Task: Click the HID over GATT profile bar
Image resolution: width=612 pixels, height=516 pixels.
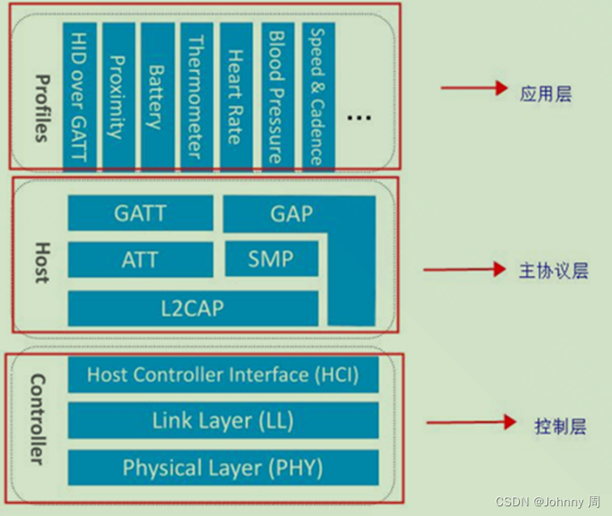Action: click(78, 95)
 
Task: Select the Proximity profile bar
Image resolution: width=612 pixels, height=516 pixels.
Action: click(119, 95)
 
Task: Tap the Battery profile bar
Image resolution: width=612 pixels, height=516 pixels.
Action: click(156, 95)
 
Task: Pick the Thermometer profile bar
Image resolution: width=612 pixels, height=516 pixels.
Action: click(195, 95)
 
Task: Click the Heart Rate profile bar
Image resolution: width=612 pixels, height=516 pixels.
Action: click(236, 95)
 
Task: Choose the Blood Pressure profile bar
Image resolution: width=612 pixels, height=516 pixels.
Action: click(276, 95)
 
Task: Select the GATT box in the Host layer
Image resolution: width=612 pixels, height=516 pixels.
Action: click(140, 214)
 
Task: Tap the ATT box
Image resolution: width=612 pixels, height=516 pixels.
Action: click(140, 260)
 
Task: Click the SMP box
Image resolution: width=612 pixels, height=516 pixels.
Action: click(270, 259)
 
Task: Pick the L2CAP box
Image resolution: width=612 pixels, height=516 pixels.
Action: click(192, 308)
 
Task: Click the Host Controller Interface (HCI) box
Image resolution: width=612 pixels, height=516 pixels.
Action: click(223, 375)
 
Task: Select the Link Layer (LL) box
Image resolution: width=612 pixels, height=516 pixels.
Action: click(223, 421)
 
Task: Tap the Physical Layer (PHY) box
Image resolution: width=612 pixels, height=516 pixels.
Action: click(223, 468)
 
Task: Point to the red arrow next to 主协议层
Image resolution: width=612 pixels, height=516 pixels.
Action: click(458, 270)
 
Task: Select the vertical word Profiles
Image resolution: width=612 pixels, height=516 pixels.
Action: click(40, 107)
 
